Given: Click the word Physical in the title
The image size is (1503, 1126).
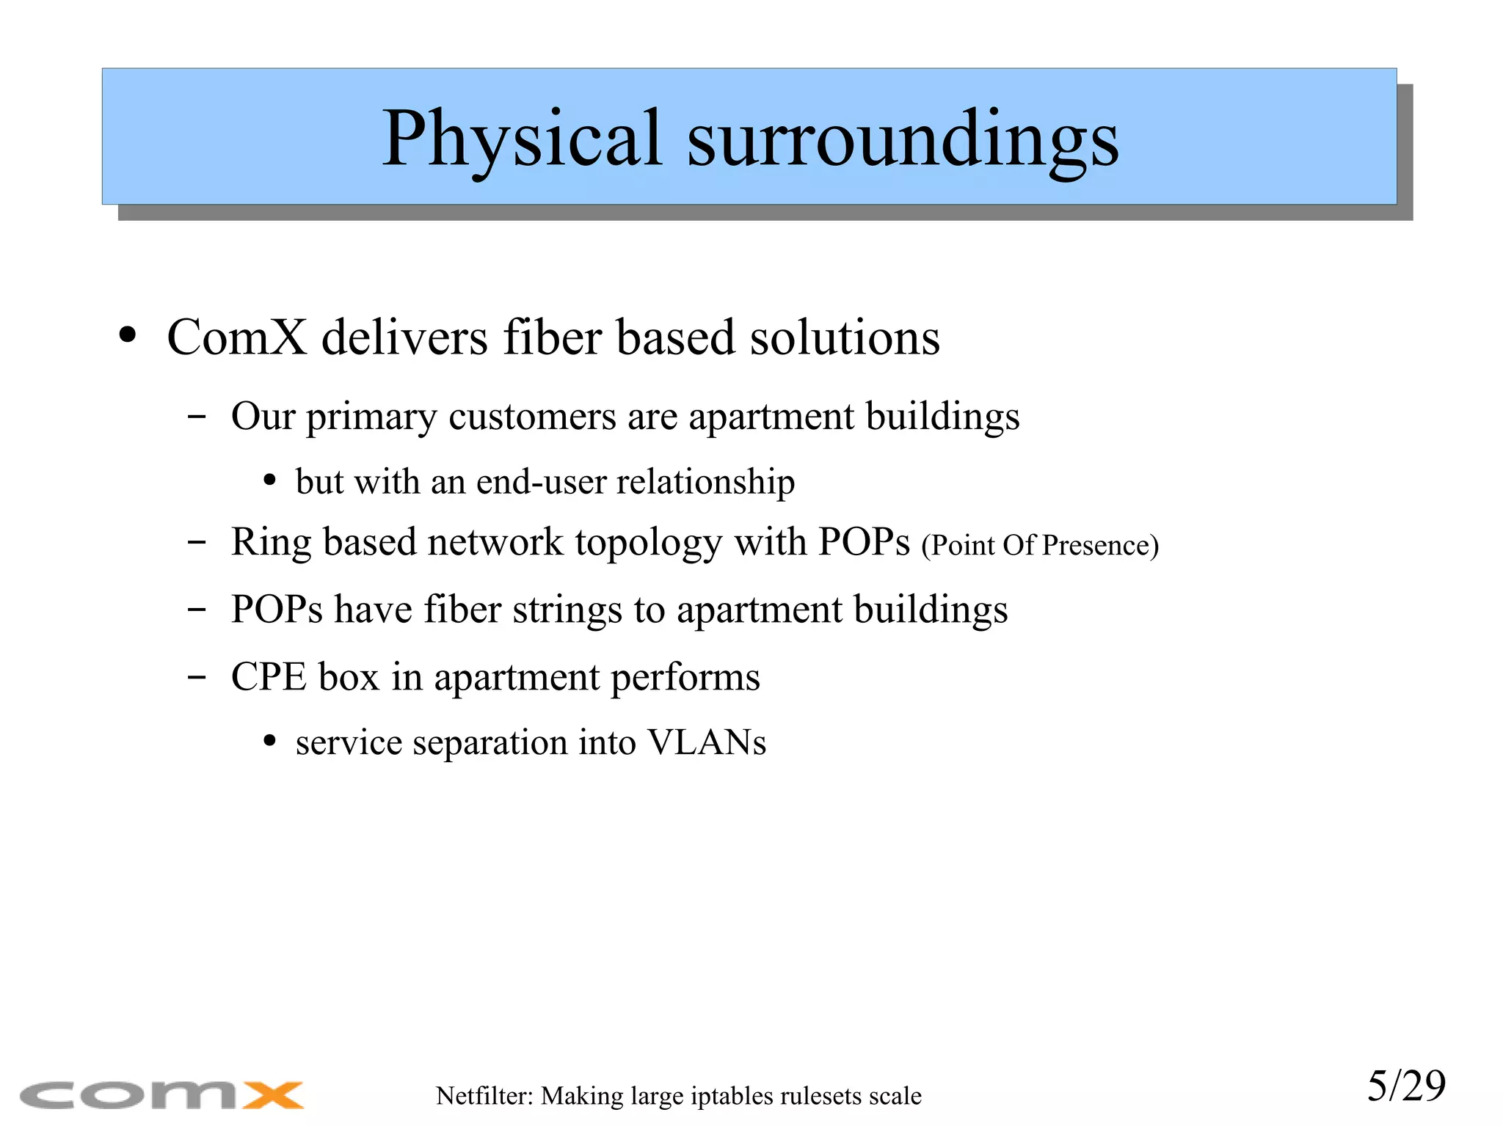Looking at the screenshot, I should pos(522,139).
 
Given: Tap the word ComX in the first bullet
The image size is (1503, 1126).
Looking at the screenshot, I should pos(236,337).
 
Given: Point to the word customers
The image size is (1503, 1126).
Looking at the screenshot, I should pos(532,417).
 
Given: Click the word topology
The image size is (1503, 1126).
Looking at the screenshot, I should pos(648,543).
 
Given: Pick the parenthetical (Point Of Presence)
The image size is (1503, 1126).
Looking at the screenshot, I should pos(1040,546).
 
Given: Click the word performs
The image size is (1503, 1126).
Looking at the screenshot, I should pos(685,677).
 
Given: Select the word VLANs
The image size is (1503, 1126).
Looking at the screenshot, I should pos(706,742).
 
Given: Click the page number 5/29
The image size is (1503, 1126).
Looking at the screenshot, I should pos(1405,1086).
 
